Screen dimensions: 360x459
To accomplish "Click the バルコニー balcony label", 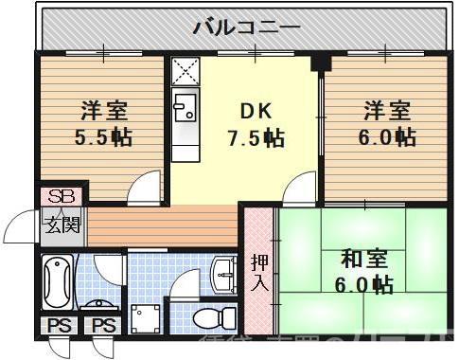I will pyautogui.click(x=247, y=27).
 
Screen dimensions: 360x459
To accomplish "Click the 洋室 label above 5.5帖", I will pyautogui.click(x=103, y=110).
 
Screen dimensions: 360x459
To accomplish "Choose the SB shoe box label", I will pyautogui.click(x=60, y=198).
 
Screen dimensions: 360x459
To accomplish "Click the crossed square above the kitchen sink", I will pyautogui.click(x=184, y=70).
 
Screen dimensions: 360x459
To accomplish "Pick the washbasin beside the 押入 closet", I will pyautogui.click(x=224, y=275).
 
